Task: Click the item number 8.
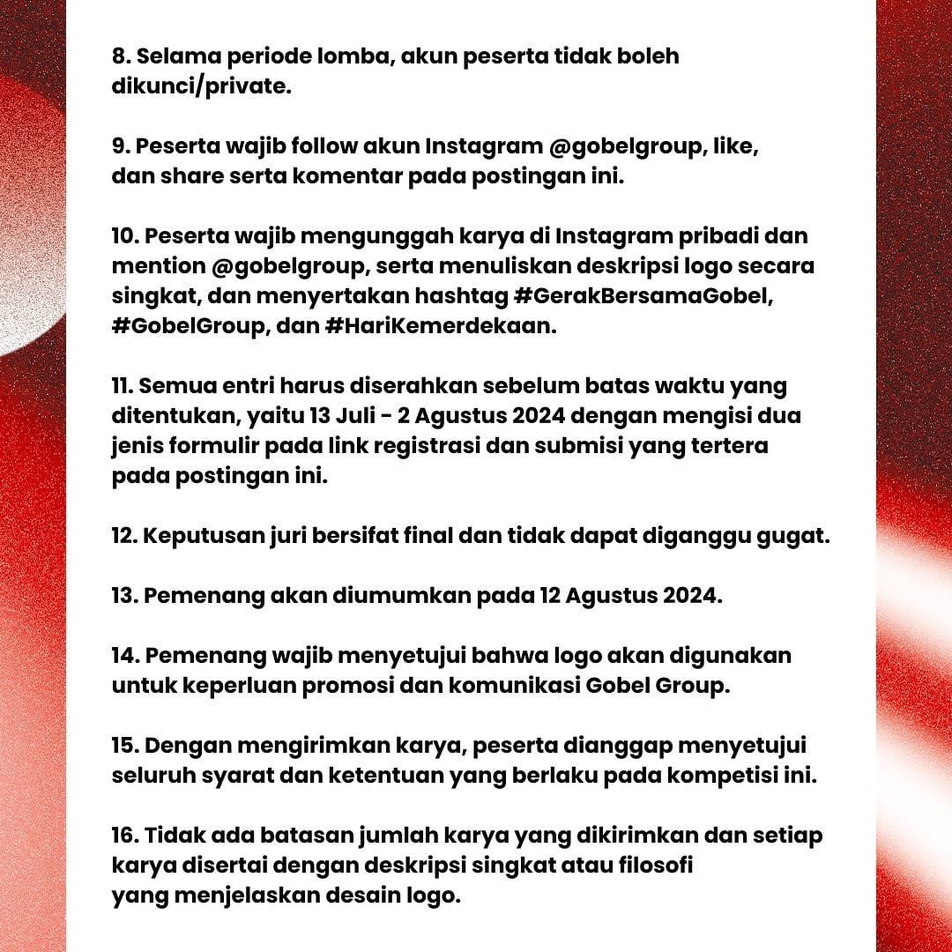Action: [x=121, y=56]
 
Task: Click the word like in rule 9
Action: [x=739, y=145]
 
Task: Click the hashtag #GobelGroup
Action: [x=182, y=325]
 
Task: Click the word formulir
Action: [x=216, y=445]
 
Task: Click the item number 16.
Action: [x=123, y=835]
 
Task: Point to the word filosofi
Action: [x=653, y=865]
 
